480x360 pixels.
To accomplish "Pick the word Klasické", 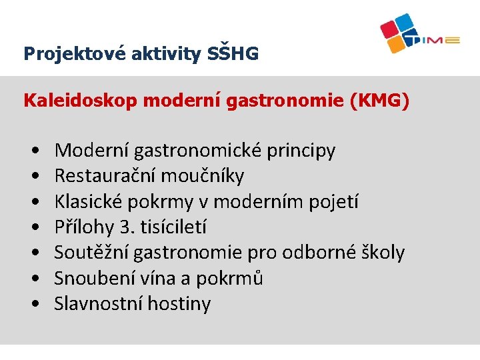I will (86, 201).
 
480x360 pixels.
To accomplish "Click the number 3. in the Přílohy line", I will (125, 227).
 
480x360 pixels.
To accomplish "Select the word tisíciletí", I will (173, 227).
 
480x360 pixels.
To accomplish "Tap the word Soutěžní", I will (91, 253).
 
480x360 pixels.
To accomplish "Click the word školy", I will (381, 253).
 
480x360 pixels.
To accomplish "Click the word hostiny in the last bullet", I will (179, 304).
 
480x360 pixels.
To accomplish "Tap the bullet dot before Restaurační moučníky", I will (34, 177).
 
